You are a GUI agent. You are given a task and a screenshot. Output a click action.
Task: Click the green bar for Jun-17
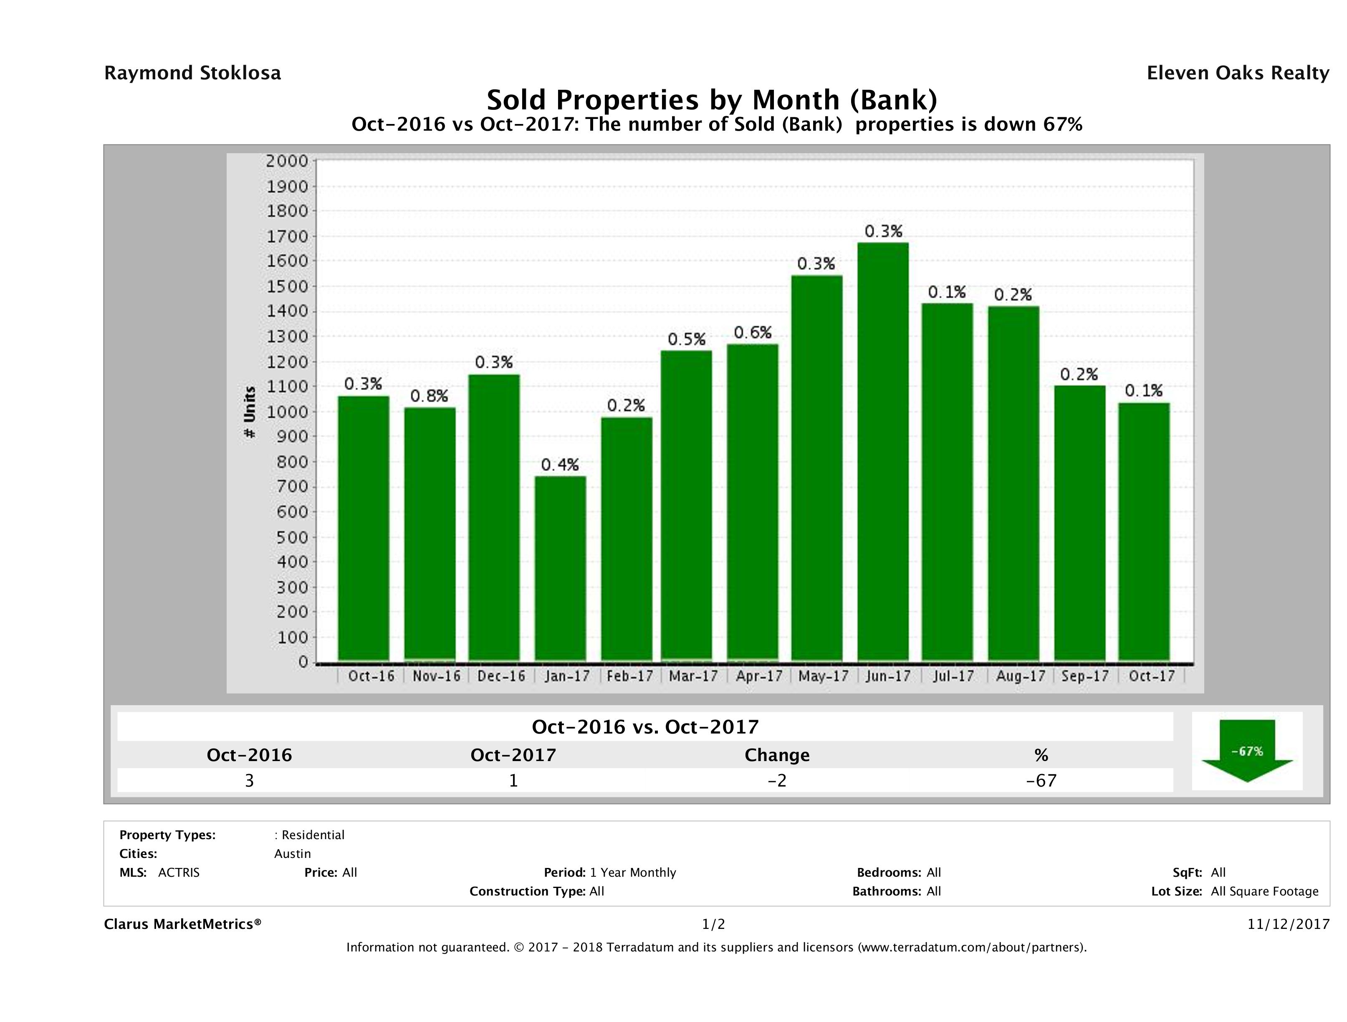tap(882, 451)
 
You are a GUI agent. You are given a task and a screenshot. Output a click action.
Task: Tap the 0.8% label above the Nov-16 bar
tap(429, 397)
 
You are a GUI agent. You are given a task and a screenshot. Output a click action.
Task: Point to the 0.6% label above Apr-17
tap(752, 333)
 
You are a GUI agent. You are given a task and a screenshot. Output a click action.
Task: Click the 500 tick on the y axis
tap(291, 537)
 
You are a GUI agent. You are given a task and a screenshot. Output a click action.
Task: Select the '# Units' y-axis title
tap(250, 412)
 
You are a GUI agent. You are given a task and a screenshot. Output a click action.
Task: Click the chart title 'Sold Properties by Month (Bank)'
tap(711, 99)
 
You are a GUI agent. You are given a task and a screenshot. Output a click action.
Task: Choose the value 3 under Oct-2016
tap(249, 780)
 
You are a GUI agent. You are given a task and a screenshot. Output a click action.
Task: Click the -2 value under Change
tap(777, 780)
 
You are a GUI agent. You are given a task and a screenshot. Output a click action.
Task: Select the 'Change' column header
tap(777, 755)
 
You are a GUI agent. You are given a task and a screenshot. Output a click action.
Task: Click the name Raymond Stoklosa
tap(192, 73)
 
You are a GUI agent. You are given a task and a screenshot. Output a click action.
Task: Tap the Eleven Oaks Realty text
tap(1237, 73)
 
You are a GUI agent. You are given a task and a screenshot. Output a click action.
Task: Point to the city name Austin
tap(292, 854)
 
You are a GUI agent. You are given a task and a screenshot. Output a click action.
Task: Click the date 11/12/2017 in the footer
tap(1288, 925)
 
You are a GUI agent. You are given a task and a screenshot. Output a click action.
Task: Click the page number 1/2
tap(713, 925)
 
